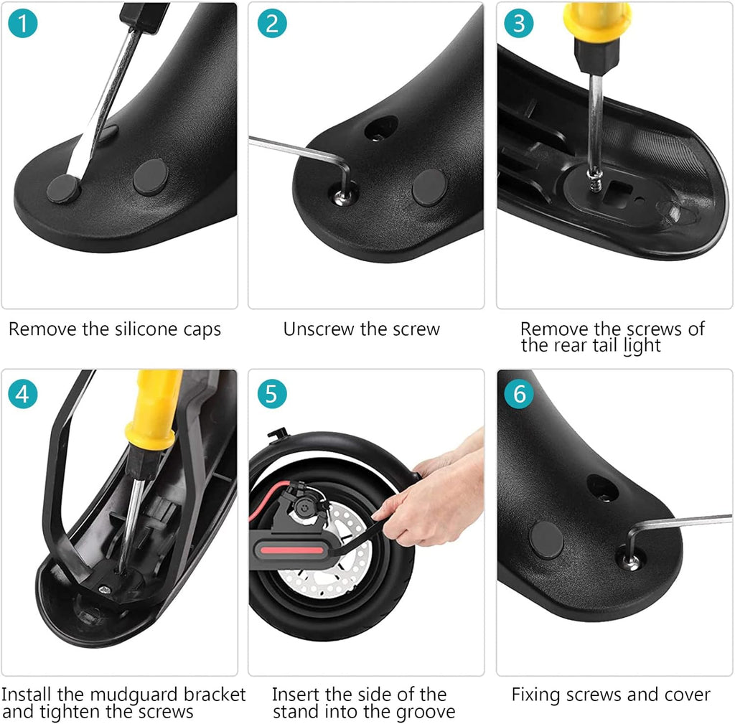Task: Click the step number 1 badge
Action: pos(22,24)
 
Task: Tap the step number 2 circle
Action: pos(272,24)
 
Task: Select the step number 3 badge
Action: pos(519,24)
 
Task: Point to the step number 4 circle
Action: pos(22,394)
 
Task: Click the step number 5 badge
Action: pos(272,394)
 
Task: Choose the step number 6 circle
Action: pos(519,394)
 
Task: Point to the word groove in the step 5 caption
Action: pos(426,713)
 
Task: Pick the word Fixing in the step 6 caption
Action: pos(536,695)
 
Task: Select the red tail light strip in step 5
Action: pos(291,550)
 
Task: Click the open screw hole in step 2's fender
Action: pos(380,128)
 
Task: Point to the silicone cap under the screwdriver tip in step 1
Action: pos(64,189)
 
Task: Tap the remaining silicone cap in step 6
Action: pos(546,540)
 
